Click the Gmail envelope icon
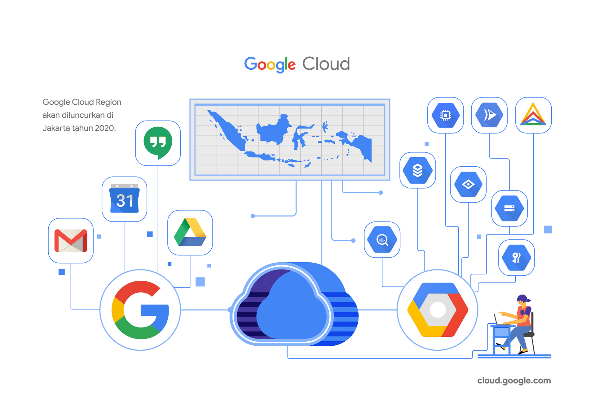coord(71,241)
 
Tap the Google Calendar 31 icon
coord(125,199)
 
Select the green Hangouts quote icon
coord(158,142)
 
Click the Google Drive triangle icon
coord(190,233)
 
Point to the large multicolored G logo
coord(140,310)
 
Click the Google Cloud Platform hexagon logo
coord(437,309)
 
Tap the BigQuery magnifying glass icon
coord(382,240)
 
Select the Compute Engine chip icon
coord(445,115)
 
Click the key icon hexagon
coord(516,257)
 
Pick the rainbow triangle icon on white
coord(533,115)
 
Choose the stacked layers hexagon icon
coord(417,170)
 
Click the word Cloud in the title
coord(326,64)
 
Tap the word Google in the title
coord(270,64)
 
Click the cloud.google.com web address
coord(514,381)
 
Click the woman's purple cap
coord(523,298)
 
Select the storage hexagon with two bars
coord(509,208)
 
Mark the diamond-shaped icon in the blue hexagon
coord(468,185)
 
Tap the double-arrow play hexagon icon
coord(489,115)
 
